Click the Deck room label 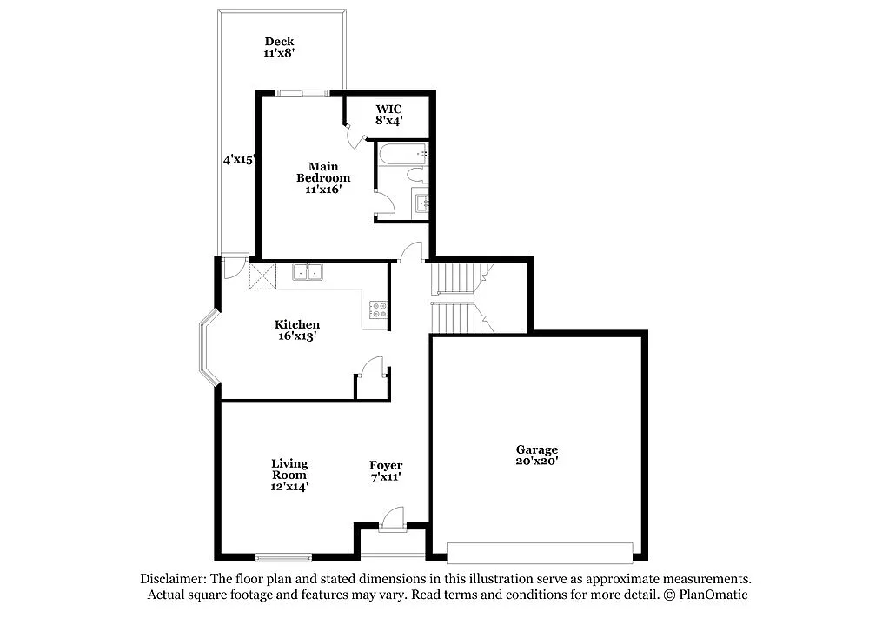pos(279,41)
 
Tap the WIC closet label pos(388,110)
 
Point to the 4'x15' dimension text pos(238,160)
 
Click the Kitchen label pos(296,324)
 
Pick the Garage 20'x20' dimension pos(536,462)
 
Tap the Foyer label pos(386,465)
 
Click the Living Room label pos(289,469)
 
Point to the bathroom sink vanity pos(421,204)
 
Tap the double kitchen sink pos(307,272)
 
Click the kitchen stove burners pos(379,309)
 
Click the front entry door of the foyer pos(392,521)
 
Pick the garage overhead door pos(540,551)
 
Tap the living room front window pos(283,556)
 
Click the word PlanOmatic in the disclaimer pos(713,595)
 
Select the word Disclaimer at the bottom pos(173,579)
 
